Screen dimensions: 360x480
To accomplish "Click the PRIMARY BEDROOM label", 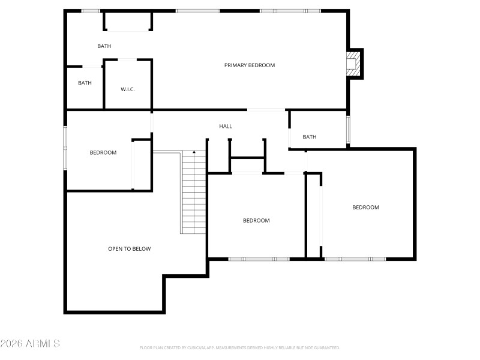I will click(250, 65).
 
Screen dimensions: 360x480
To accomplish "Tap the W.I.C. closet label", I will click(128, 89).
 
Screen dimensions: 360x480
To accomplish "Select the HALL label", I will click(226, 126).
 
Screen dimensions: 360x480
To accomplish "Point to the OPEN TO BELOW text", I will click(129, 248).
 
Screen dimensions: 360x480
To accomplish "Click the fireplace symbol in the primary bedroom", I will click(355, 64).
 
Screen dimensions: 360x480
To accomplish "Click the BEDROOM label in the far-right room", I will click(365, 207).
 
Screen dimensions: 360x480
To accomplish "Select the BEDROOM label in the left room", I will click(103, 152).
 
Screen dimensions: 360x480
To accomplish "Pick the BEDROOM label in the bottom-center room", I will click(256, 220).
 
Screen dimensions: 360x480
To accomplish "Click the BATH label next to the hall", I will click(310, 137).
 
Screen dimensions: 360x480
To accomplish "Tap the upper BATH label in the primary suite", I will click(104, 46).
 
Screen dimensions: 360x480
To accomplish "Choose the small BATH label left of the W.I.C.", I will click(85, 83).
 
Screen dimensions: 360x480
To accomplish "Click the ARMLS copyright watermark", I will click(30, 344).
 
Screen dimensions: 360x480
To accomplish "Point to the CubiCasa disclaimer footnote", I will click(240, 347).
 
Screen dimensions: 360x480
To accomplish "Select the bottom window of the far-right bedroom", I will click(355, 259).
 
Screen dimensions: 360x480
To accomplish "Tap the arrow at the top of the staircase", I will click(194, 152).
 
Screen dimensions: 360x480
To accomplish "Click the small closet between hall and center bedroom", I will click(247, 166).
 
